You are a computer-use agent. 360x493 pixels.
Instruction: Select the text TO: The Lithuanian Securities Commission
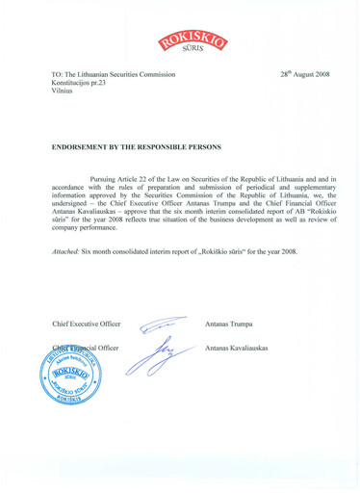click(x=114, y=74)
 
